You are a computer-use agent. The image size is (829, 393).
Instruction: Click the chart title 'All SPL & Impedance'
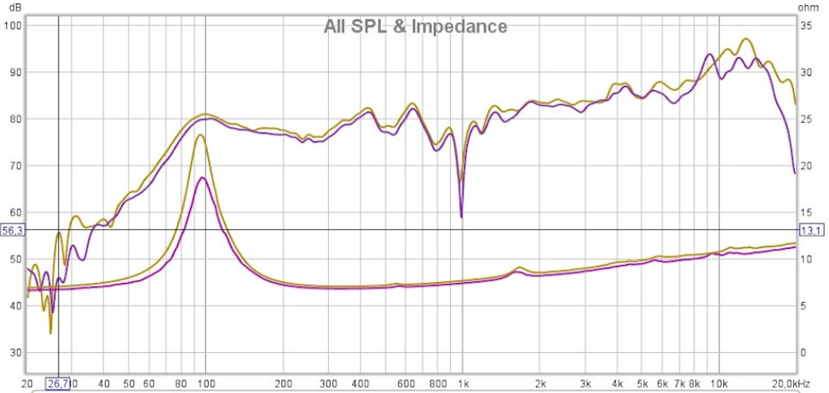click(415, 26)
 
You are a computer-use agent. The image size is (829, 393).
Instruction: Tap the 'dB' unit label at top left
click(14, 8)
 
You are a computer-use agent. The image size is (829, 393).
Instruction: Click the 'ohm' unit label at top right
click(808, 8)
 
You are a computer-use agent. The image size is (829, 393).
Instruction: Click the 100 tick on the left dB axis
click(14, 25)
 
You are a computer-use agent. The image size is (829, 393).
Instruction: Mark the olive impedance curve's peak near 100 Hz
click(201, 135)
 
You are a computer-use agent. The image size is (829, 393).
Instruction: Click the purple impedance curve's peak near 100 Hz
click(202, 177)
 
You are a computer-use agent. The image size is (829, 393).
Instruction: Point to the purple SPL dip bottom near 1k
click(461, 217)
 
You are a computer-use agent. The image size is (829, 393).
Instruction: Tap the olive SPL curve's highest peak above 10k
click(746, 39)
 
